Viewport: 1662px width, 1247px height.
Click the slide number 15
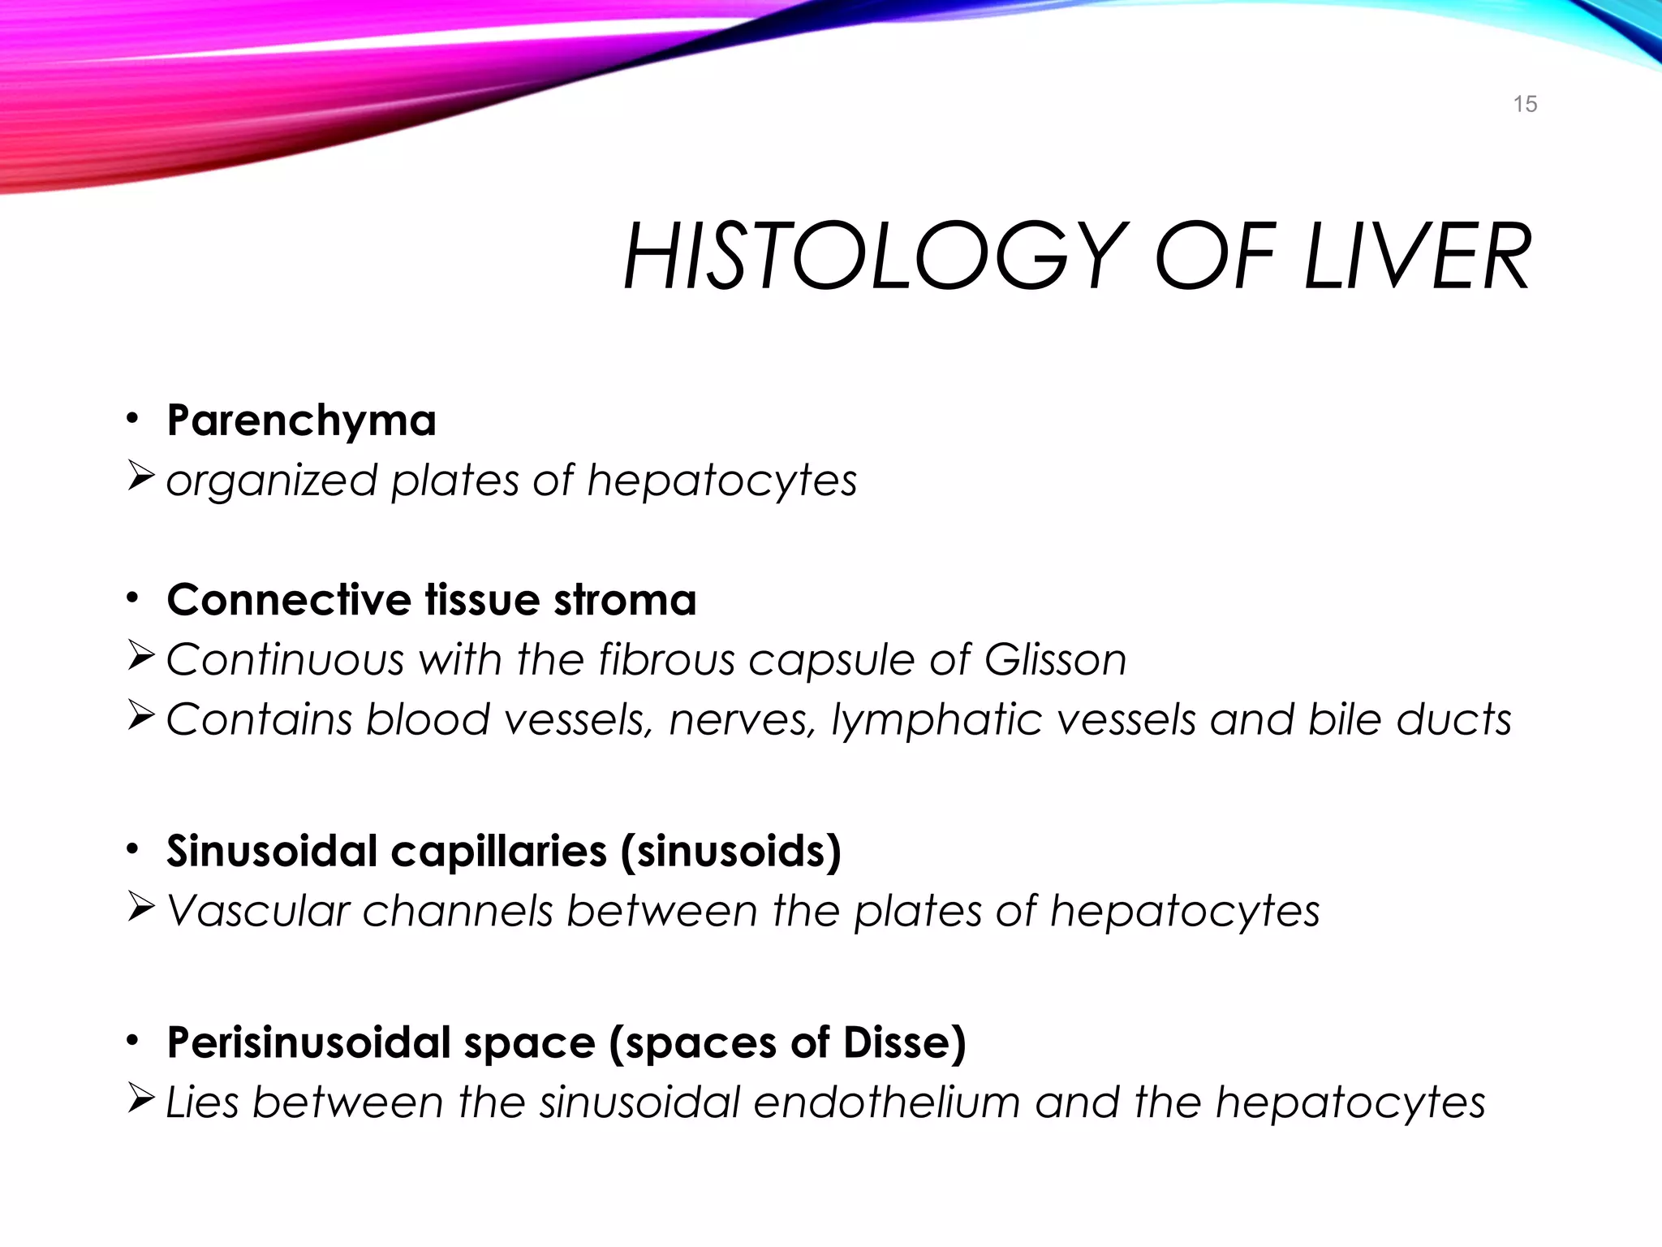click(x=1525, y=104)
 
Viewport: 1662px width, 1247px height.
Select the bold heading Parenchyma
click(x=301, y=421)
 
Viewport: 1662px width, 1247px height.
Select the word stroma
click(x=625, y=600)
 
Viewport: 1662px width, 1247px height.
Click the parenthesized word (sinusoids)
click(x=730, y=852)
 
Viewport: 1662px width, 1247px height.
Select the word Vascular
click(x=257, y=911)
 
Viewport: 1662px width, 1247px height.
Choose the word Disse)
click(x=904, y=1043)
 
